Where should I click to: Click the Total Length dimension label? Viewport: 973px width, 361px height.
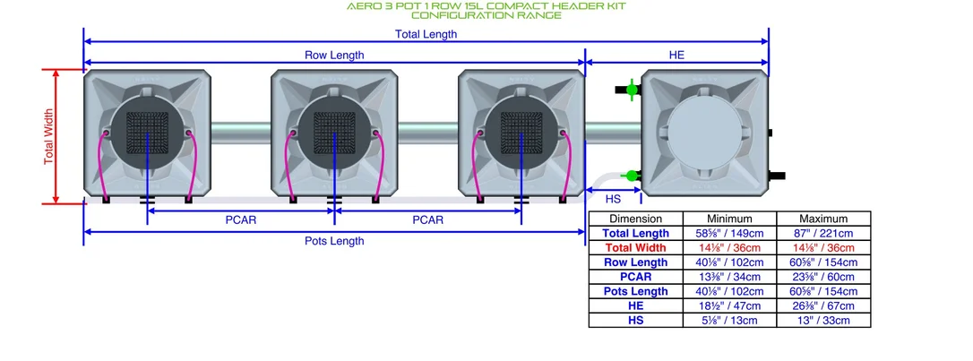pyautogui.click(x=426, y=34)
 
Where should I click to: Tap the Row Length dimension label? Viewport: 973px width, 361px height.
pyautogui.click(x=334, y=56)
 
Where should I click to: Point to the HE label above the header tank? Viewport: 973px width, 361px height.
pyautogui.click(x=676, y=56)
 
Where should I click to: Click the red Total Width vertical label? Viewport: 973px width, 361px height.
pyautogui.click(x=49, y=136)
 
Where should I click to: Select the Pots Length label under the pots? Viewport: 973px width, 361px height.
pyautogui.click(x=334, y=241)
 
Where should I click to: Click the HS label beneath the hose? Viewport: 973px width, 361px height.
pyautogui.click(x=613, y=199)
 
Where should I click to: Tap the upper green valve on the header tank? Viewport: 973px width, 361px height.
pyautogui.click(x=630, y=90)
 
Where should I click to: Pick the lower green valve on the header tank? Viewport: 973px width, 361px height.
pyautogui.click(x=630, y=176)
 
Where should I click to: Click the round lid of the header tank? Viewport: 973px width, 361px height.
pyautogui.click(x=704, y=133)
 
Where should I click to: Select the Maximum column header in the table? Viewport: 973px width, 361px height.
pyautogui.click(x=823, y=219)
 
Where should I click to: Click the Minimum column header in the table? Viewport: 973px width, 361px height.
pyautogui.click(x=729, y=219)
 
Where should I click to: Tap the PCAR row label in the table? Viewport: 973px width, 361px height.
pyautogui.click(x=635, y=277)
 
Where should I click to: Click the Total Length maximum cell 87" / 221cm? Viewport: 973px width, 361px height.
pyautogui.click(x=823, y=233)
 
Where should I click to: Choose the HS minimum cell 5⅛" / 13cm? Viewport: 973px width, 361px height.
pyautogui.click(x=729, y=321)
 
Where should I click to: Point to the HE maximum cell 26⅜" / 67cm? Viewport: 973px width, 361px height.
pyautogui.click(x=823, y=305)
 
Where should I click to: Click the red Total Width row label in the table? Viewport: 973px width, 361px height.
pyautogui.click(x=635, y=247)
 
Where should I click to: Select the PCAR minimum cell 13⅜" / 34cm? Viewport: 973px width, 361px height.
pyautogui.click(x=729, y=277)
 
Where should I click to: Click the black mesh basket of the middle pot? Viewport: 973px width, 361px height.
pyautogui.click(x=334, y=133)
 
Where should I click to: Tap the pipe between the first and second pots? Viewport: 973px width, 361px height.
pyautogui.click(x=241, y=132)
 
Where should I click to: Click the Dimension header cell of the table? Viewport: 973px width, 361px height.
pyautogui.click(x=635, y=219)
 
